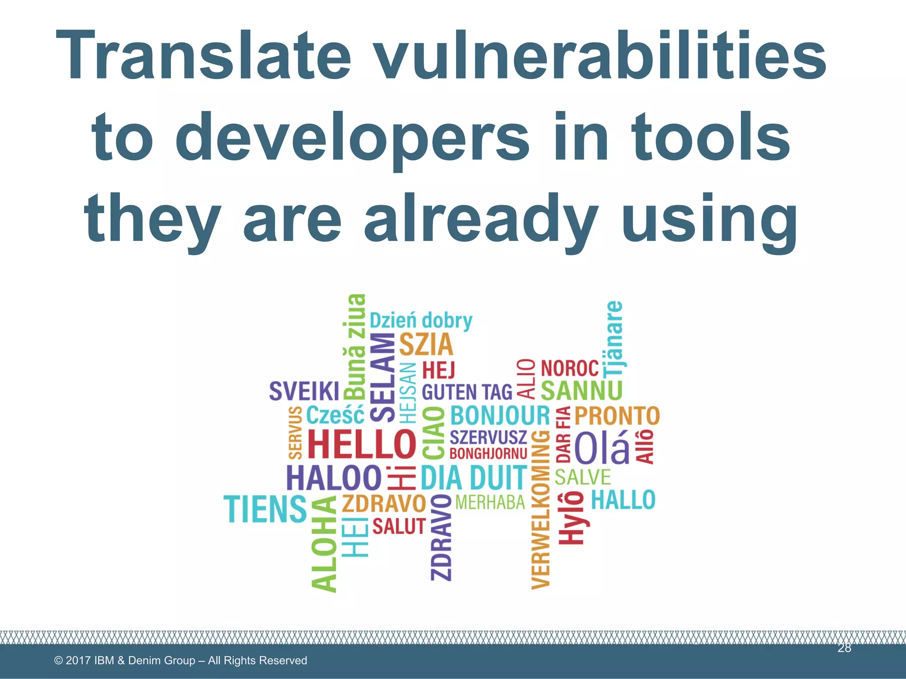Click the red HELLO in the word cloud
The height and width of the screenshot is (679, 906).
tap(361, 444)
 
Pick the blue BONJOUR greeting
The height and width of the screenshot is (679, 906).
tap(500, 416)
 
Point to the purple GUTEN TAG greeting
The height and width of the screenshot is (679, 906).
tap(467, 392)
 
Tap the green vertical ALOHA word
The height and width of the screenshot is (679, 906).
tap(324, 544)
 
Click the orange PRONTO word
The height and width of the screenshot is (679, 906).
tap(617, 416)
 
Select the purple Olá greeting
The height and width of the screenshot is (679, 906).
tap(602, 448)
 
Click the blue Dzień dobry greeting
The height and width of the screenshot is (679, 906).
tap(421, 321)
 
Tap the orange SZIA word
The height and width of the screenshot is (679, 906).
tap(426, 345)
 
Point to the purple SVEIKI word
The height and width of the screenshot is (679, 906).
tap(304, 391)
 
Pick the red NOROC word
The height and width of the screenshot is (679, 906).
tap(570, 368)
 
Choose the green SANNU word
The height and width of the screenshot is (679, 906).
tap(581, 391)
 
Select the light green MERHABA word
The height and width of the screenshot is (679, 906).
tap(490, 503)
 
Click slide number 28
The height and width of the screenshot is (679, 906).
tap(844, 648)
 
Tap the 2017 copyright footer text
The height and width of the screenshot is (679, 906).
tap(180, 660)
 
